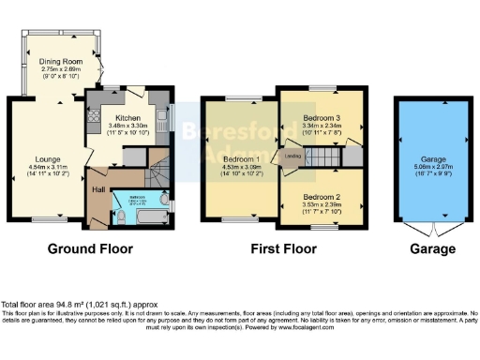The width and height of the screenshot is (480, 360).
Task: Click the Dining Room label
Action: (61, 62)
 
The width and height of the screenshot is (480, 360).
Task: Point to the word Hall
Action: (97, 187)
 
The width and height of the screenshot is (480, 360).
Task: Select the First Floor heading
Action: (285, 249)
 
